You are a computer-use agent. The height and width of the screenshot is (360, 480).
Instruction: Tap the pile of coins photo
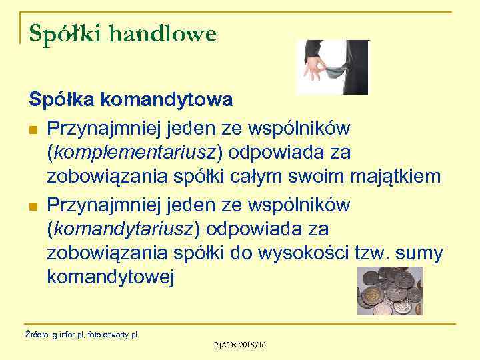389,291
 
